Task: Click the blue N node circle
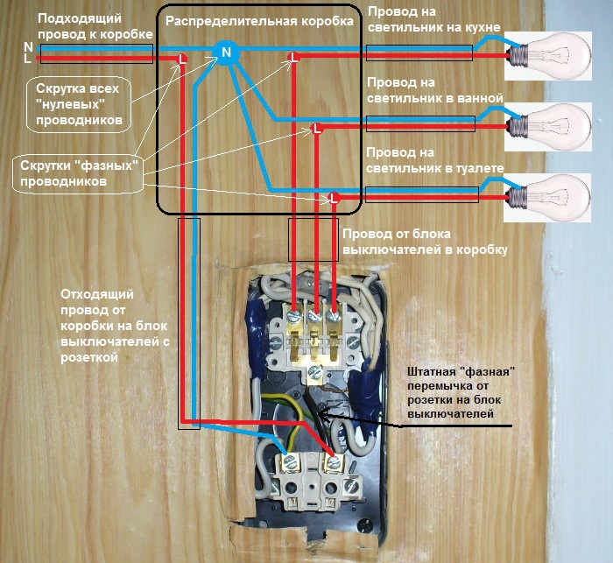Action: [226, 53]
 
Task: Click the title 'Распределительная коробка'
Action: [260, 19]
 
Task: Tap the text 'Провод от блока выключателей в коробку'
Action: [424, 243]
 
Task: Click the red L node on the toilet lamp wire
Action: [333, 198]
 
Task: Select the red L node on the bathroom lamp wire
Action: [317, 128]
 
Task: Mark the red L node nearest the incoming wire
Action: [181, 60]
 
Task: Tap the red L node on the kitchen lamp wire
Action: [294, 60]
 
